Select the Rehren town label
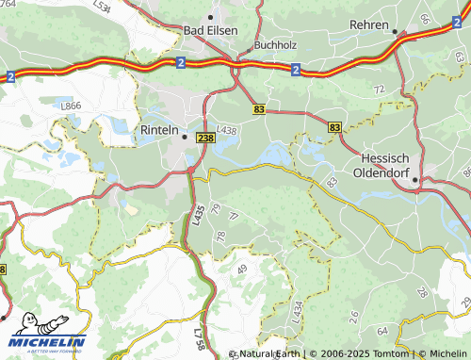point(368,24)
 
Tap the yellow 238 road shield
point(205,139)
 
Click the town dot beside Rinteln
point(185,136)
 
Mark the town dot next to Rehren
point(395,30)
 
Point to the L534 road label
point(103,8)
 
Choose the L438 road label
point(227,130)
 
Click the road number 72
point(380,89)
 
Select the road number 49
point(242,270)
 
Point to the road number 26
point(354,316)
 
